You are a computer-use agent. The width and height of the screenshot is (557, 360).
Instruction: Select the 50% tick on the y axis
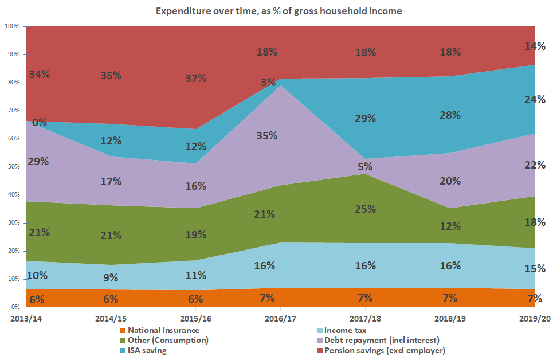coord(13,167)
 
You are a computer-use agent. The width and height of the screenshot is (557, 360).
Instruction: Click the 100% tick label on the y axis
coord(11,26)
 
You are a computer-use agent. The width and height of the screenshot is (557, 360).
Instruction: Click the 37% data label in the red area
coord(195,79)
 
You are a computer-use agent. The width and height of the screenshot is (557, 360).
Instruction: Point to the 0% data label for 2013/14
coord(39,122)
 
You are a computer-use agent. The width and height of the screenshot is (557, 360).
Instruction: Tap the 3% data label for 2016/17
coord(268,83)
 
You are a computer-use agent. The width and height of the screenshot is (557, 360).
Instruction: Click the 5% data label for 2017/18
coord(365,167)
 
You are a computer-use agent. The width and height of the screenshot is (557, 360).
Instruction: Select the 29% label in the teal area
coord(365,119)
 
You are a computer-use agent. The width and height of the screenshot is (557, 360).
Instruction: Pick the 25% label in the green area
coord(365,209)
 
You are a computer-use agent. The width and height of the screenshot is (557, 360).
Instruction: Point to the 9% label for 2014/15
coord(111,278)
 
